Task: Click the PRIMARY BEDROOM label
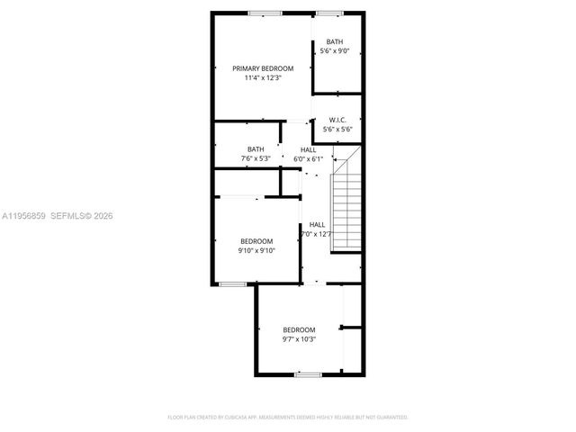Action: tap(263, 68)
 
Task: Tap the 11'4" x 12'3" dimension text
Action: tap(263, 78)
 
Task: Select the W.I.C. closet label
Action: tap(337, 120)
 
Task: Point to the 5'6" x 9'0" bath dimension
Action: tap(335, 51)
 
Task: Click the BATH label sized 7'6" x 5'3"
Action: tap(256, 149)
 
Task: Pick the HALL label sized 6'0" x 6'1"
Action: tap(308, 149)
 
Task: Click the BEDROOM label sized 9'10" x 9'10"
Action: tap(256, 241)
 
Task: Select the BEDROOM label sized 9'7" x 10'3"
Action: tap(299, 330)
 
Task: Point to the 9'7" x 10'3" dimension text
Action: tap(299, 340)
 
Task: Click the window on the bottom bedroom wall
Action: tap(309, 373)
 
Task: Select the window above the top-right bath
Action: tap(328, 13)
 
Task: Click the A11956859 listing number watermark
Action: tap(22, 216)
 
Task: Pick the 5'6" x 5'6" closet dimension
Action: tap(337, 130)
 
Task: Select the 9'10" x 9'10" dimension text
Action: tap(256, 251)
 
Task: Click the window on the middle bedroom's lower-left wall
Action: tap(233, 284)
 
